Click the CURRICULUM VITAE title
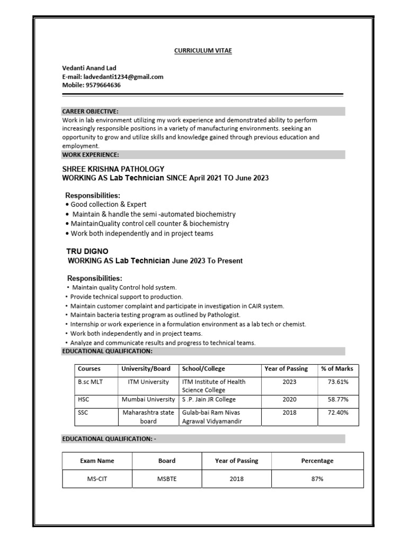(x=203, y=50)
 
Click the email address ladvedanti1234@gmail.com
(x=123, y=76)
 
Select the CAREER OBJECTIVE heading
(x=90, y=111)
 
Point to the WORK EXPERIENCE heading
(x=90, y=154)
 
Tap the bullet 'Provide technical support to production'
(x=126, y=297)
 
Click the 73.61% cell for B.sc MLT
(x=335, y=382)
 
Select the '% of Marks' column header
(x=337, y=369)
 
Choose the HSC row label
(x=83, y=399)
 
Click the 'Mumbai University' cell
(x=148, y=399)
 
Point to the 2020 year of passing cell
(x=289, y=399)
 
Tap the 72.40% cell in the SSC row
(x=335, y=412)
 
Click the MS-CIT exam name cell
(x=97, y=478)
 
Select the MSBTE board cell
(x=167, y=478)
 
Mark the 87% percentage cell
(x=317, y=478)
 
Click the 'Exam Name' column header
(x=97, y=461)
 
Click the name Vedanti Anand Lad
(x=89, y=68)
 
